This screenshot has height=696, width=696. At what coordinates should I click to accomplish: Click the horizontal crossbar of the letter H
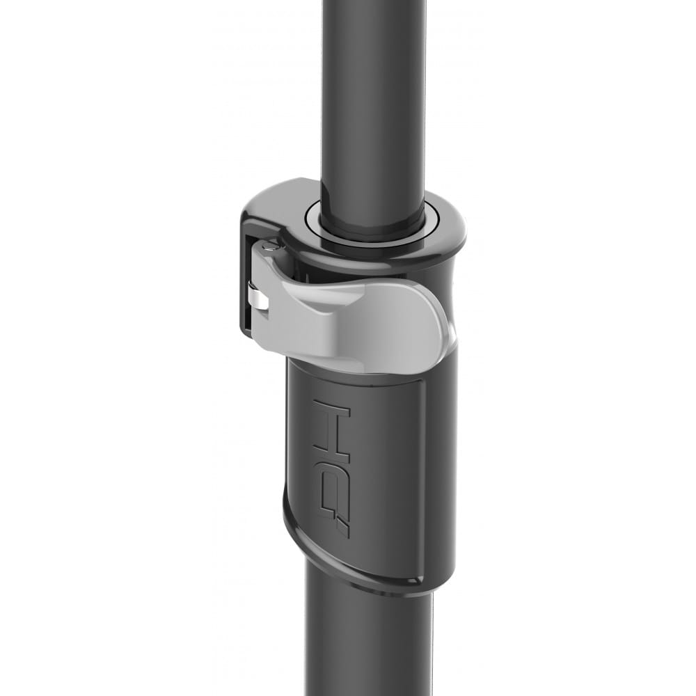[x=333, y=422]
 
